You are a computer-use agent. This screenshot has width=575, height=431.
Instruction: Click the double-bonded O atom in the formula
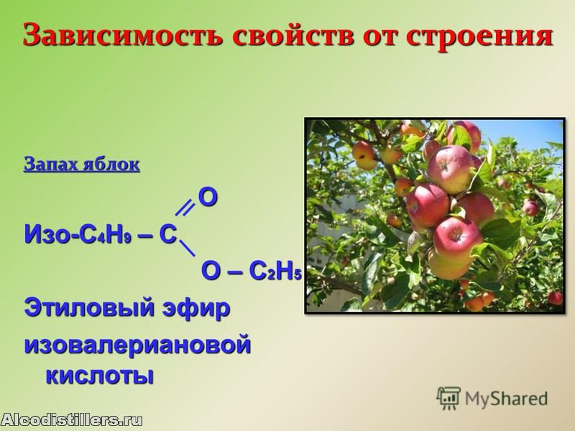[x=208, y=197]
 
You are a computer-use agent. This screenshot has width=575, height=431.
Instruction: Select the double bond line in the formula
[x=185, y=208]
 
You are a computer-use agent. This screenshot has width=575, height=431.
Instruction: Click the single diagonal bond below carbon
[x=187, y=249]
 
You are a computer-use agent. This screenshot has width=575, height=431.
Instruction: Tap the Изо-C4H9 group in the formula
[x=78, y=235]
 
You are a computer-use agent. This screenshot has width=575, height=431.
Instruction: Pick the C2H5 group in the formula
[x=275, y=272]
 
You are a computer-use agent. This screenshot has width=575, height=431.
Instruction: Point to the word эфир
[x=196, y=309]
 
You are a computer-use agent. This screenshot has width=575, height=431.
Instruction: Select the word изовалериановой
[x=137, y=346]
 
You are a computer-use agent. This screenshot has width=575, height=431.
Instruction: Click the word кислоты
[x=99, y=375]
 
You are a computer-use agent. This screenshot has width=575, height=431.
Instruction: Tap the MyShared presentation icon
[x=448, y=399]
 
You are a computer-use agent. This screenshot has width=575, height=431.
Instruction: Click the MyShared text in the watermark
[x=507, y=399]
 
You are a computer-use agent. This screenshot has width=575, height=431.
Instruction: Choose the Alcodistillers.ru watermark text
[x=71, y=420]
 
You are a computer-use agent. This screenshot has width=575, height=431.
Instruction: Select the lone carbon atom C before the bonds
[x=168, y=235]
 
